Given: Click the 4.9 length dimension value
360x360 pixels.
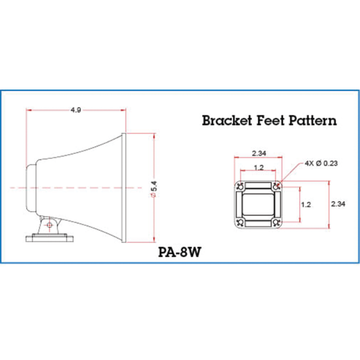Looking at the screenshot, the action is click(x=76, y=110).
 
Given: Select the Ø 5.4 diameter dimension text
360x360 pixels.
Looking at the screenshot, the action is click(x=154, y=189).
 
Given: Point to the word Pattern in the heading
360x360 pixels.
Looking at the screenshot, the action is click(x=313, y=120).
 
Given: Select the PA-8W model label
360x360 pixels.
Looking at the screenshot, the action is click(x=180, y=252).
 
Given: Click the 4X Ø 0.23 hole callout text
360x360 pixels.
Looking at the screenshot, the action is click(x=321, y=163).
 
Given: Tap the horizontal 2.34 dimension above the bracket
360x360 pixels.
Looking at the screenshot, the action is click(x=259, y=154).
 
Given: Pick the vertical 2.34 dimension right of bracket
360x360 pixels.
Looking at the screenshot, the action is click(x=338, y=204).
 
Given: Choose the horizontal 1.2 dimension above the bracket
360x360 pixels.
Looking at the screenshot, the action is click(x=259, y=167).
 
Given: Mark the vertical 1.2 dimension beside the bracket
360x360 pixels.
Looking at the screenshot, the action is click(x=306, y=205).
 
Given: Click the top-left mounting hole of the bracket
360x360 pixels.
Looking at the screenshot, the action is click(x=240, y=187).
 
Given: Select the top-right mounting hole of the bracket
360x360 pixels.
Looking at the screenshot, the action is click(x=276, y=187).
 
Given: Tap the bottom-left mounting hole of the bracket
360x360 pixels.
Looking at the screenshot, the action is click(x=240, y=222).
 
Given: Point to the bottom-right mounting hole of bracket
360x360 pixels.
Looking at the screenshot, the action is click(x=276, y=222).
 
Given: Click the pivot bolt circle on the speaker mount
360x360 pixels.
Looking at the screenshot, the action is click(x=49, y=225).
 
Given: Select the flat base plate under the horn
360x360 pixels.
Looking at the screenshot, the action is click(x=49, y=238).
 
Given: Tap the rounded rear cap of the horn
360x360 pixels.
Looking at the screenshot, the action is click(x=31, y=188).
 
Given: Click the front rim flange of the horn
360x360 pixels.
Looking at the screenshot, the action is click(x=124, y=188).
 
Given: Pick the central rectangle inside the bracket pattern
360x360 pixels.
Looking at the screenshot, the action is click(x=258, y=205).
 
